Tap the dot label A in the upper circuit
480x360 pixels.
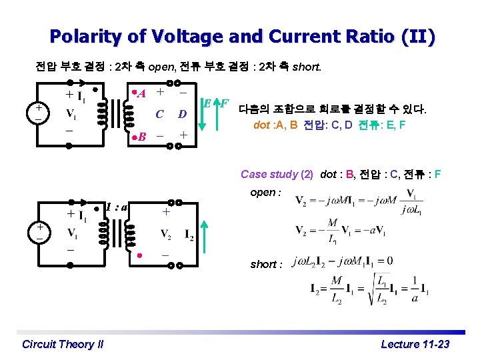(x=142, y=93)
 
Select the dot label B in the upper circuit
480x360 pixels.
(x=142, y=137)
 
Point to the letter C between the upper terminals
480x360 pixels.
(x=159, y=115)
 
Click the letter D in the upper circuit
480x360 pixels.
(x=181, y=115)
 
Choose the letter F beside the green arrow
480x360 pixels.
(x=225, y=104)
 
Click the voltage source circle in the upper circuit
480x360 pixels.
(x=40, y=112)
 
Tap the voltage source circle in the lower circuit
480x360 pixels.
(x=40, y=231)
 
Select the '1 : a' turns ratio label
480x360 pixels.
(x=117, y=207)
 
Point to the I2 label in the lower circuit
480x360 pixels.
(x=189, y=233)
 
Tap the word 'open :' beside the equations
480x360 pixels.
(x=265, y=192)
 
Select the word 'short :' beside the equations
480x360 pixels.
(x=266, y=264)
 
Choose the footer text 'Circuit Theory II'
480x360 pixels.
(x=63, y=344)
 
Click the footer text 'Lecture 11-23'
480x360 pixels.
(x=415, y=344)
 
